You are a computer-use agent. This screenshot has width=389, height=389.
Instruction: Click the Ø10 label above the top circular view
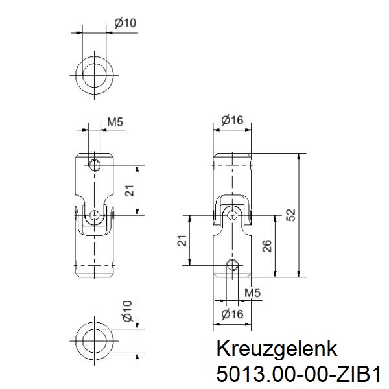(124, 23)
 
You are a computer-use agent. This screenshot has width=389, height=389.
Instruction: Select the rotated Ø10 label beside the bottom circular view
(128, 312)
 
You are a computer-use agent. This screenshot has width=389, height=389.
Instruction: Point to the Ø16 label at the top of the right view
(231, 120)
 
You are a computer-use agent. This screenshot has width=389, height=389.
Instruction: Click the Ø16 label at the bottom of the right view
(231, 314)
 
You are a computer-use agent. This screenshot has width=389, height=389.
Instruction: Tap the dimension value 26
(266, 247)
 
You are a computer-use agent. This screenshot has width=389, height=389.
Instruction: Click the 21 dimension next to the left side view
(129, 191)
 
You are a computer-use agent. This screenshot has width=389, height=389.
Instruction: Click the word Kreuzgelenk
(277, 349)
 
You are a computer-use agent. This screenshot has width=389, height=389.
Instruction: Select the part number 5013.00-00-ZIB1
(298, 375)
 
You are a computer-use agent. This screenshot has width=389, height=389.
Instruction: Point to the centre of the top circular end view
(95, 72)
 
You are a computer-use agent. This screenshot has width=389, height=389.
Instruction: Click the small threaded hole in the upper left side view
(95, 165)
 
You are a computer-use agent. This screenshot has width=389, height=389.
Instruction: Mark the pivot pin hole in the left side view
(95, 215)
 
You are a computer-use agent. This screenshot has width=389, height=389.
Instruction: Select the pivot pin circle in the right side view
(231, 214)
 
